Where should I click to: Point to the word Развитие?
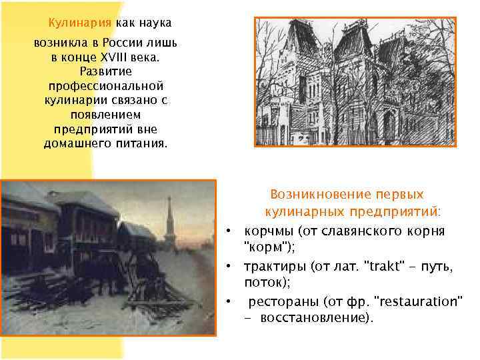tap(106, 72)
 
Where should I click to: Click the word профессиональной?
tap(106, 86)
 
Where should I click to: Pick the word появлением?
tap(106, 115)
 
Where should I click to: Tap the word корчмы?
tap(269, 231)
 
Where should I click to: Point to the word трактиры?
tap(274, 267)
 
